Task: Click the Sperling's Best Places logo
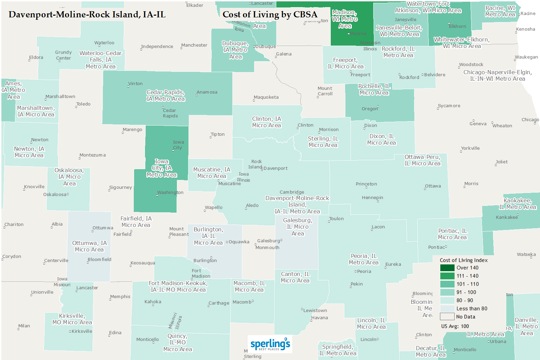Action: (270, 344)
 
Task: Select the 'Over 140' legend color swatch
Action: (447, 268)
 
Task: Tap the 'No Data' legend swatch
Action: (447, 317)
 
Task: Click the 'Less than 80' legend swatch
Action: (447, 309)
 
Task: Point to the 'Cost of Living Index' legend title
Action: (463, 260)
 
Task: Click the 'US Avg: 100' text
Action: (455, 326)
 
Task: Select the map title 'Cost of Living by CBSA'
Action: (270, 15)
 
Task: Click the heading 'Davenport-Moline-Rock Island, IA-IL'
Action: (87, 15)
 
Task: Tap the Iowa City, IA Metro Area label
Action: (162, 168)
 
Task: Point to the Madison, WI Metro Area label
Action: (345, 19)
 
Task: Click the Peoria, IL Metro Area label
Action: (364, 259)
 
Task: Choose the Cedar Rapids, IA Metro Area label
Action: (166, 96)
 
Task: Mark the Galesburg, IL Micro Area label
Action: (298, 227)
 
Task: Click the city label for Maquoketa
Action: (266, 97)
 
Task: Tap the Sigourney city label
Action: (120, 187)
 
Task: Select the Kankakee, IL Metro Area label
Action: (518, 204)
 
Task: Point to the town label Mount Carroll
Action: (325, 91)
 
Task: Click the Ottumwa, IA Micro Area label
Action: (89, 246)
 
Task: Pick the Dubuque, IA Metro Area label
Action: (235, 50)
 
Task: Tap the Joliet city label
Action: (502, 162)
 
